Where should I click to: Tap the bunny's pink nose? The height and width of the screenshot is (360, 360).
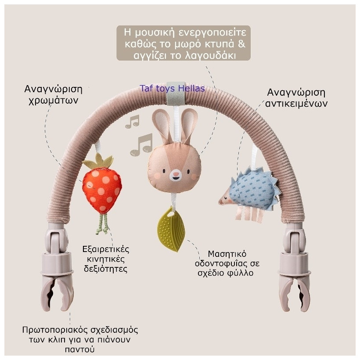[176, 174]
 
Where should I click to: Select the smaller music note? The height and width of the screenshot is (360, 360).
[132, 122]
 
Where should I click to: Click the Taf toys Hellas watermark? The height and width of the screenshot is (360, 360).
[172, 88]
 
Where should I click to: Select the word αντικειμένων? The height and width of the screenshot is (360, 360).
[296, 104]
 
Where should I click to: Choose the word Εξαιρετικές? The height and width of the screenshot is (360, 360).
[107, 249]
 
